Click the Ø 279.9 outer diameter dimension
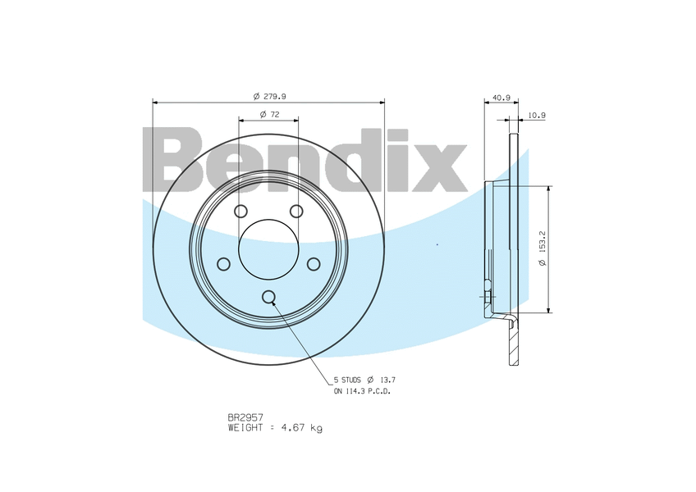click(x=268, y=96)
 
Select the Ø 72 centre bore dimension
click(x=270, y=114)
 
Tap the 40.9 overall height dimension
click(x=501, y=98)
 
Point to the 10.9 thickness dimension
click(x=537, y=116)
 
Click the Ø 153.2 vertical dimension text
click(x=543, y=249)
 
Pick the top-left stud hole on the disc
click(x=240, y=212)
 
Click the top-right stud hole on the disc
click(x=296, y=212)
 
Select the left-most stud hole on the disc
click(x=223, y=264)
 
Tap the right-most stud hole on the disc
click(x=313, y=264)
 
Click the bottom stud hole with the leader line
click(x=268, y=297)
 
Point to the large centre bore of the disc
click(x=268, y=249)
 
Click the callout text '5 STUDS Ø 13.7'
click(x=364, y=380)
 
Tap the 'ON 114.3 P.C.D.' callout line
click(x=361, y=392)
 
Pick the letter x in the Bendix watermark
click(x=439, y=167)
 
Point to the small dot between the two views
click(x=437, y=244)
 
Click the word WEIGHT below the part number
click(x=246, y=428)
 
